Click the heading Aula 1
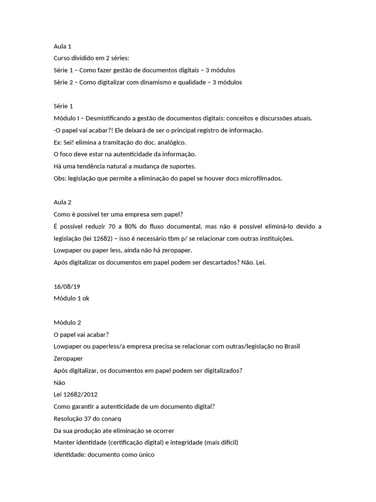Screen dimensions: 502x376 62,47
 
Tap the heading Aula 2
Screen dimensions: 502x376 62,202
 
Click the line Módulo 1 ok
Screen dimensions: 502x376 71,299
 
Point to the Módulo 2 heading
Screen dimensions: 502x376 67,323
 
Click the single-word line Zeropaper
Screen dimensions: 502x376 68,358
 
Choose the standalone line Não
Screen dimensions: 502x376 59,382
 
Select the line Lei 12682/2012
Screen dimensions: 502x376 76,394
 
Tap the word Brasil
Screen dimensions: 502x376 291,347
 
